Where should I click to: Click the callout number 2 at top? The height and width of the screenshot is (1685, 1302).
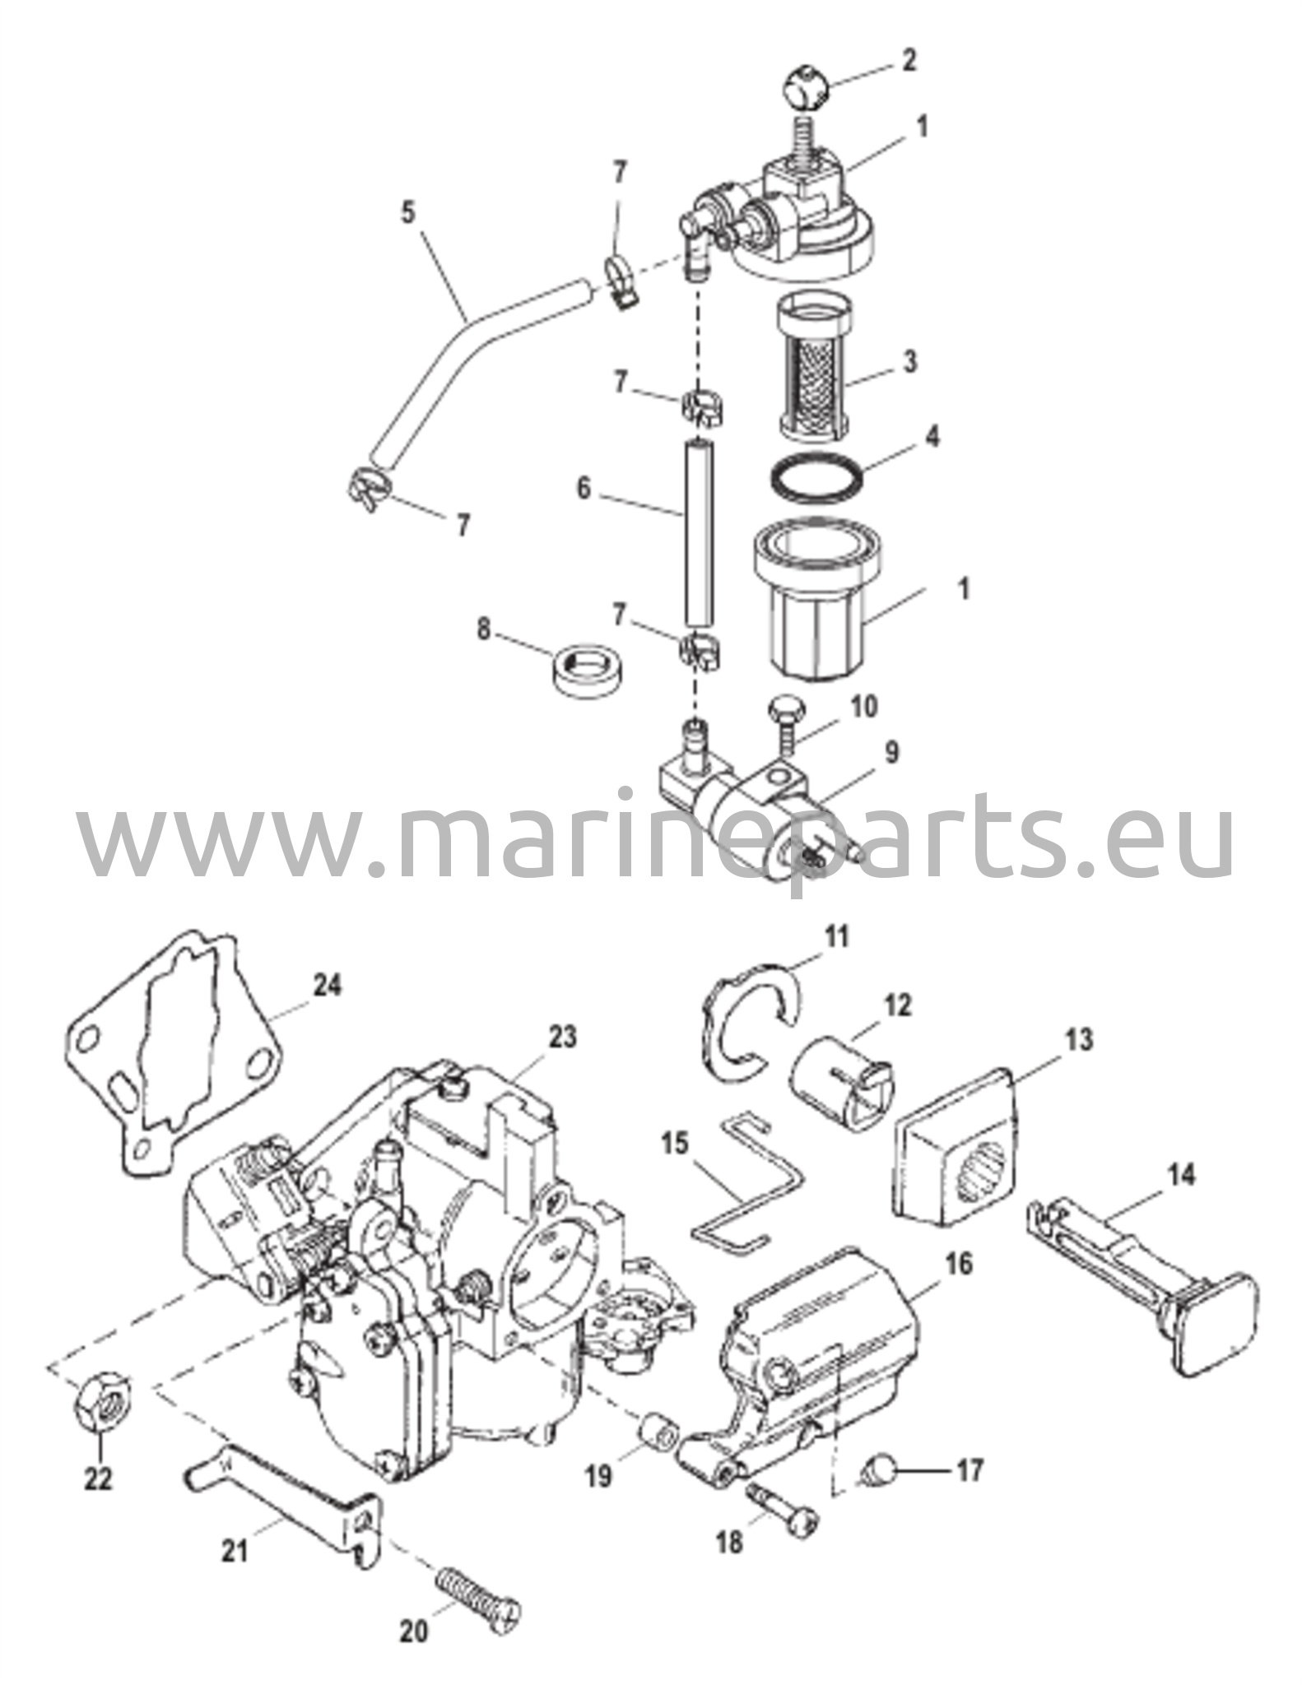[x=909, y=62]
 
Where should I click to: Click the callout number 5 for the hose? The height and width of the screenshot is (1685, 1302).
[x=409, y=213]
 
